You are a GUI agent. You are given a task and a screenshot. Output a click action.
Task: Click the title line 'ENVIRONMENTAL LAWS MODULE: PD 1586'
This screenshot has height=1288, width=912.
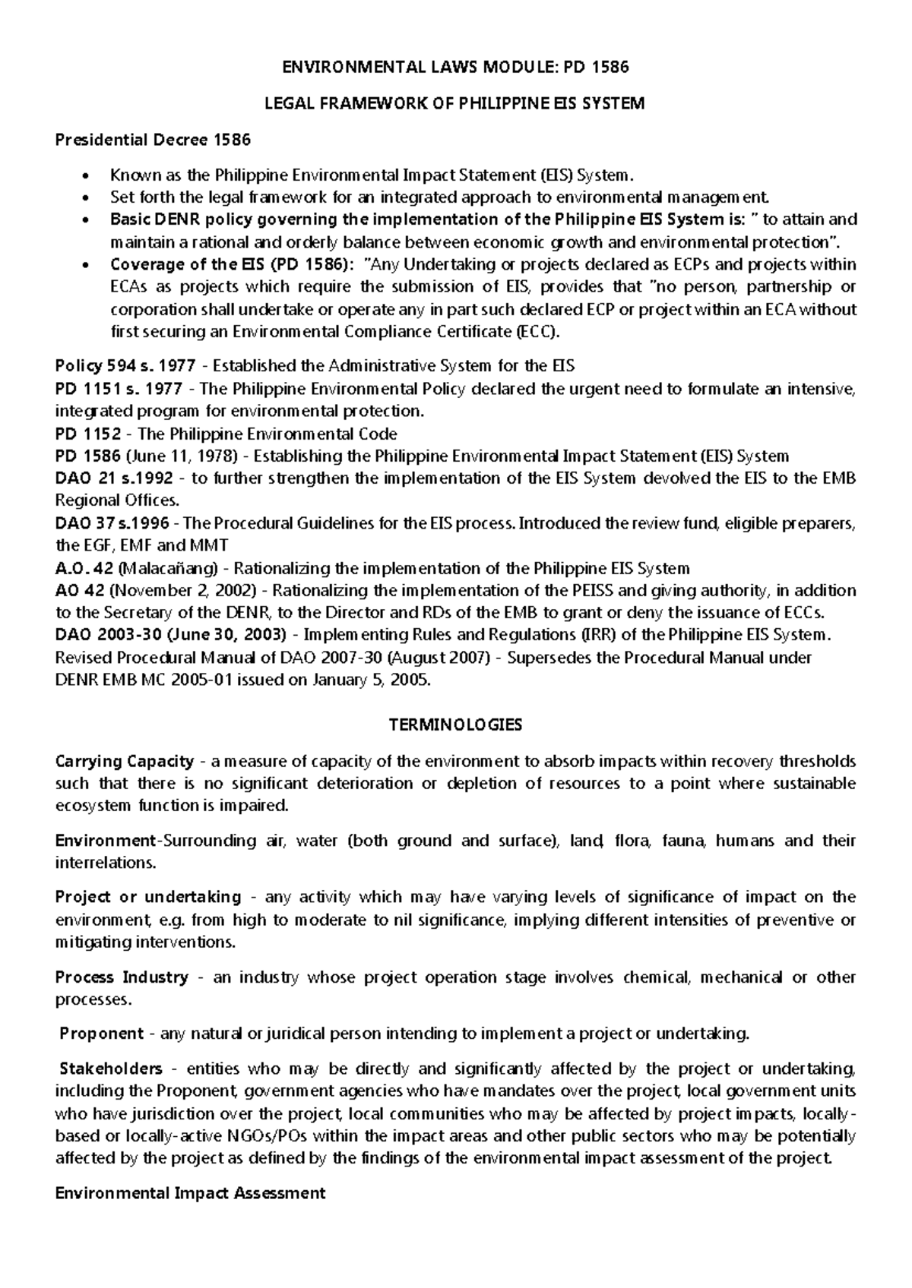[x=455, y=67]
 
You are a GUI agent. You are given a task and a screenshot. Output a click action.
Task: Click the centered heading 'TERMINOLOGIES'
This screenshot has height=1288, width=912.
[x=455, y=724]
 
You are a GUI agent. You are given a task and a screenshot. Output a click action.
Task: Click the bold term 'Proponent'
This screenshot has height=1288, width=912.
[x=102, y=1033]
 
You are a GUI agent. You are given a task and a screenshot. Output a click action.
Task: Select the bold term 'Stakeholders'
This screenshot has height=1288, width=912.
[x=111, y=1069]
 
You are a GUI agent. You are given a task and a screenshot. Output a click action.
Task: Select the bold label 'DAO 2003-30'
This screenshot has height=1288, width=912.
[x=106, y=634]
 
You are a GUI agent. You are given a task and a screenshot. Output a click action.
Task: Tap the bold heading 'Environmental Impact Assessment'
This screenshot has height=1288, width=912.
[x=191, y=1192]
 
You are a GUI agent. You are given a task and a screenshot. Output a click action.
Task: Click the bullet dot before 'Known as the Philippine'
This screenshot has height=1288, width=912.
[x=85, y=176]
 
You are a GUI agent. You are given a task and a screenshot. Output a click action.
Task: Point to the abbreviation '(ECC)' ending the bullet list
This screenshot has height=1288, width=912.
[x=537, y=332]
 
